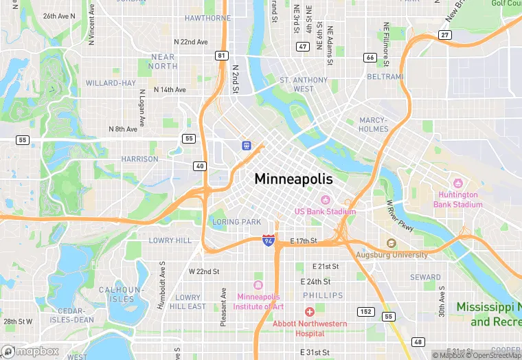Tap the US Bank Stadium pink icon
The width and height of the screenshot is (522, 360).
point(326,199)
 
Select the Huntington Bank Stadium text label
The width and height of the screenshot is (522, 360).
point(457,199)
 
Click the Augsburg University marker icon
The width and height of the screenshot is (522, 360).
point(391,243)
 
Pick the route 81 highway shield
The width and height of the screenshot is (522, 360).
point(220,55)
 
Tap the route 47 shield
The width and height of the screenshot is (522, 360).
point(303,47)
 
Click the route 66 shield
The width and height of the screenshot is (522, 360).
point(370,58)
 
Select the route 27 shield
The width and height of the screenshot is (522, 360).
point(445,34)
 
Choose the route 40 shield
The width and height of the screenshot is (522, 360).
point(200,166)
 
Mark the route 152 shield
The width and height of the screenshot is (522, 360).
point(365,312)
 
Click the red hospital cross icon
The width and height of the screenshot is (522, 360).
point(309,312)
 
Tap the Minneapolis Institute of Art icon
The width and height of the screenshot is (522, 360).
point(258,285)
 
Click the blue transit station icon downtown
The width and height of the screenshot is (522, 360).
point(245,145)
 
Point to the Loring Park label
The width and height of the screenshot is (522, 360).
point(237,222)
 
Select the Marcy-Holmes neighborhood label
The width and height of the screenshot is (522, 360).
point(374,124)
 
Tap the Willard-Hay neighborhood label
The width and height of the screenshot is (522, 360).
point(111,83)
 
